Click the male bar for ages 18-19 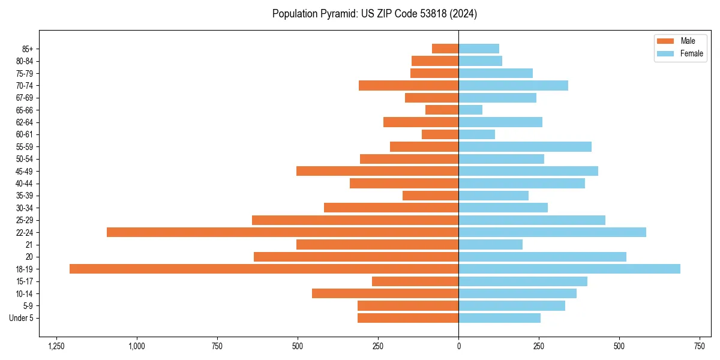264,269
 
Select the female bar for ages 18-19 569,269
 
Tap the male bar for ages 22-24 283,232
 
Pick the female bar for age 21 490,244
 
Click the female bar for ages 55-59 525,146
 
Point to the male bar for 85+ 445,49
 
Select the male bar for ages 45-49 377,171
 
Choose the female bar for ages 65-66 470,110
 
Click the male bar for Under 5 408,318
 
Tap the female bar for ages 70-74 513,85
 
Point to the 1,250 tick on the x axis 56,346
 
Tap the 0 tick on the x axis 459,346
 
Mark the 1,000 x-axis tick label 137,346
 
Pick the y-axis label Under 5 22,318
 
